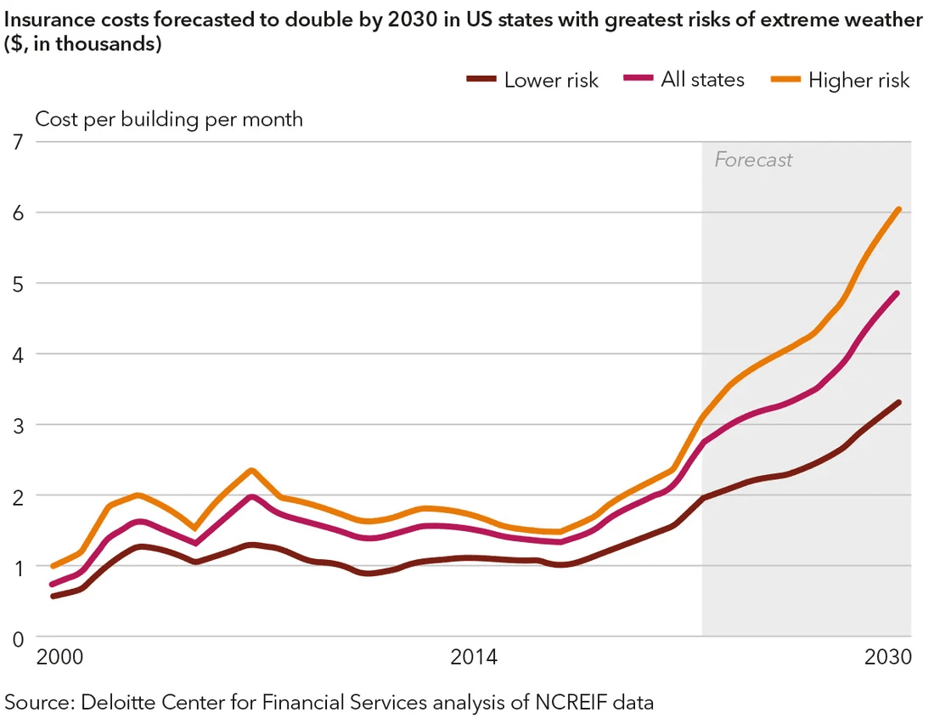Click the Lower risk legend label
tap(551, 81)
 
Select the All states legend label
tap(702, 80)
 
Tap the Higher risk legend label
tap(858, 81)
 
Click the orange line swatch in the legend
tap(784, 79)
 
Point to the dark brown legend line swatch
tap(481, 79)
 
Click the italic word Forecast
tap(753, 160)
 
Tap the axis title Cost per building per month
tap(168, 119)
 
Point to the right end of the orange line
tap(898, 209)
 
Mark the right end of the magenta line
tap(898, 293)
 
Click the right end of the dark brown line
tap(898, 403)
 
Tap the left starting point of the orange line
tap(53, 566)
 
